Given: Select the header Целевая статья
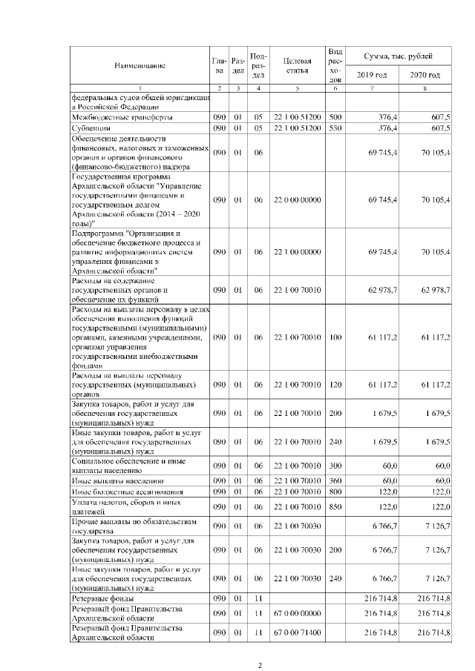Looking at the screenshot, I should click(296, 65).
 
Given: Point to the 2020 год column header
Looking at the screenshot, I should click(425, 76).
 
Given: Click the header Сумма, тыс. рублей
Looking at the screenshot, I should click(399, 56).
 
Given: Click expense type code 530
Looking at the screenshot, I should click(335, 128).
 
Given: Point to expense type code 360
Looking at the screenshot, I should click(335, 480).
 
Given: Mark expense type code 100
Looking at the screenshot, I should click(335, 337).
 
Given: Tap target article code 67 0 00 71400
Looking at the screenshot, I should click(296, 632).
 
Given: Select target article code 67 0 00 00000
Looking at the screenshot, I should click(296, 613).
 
